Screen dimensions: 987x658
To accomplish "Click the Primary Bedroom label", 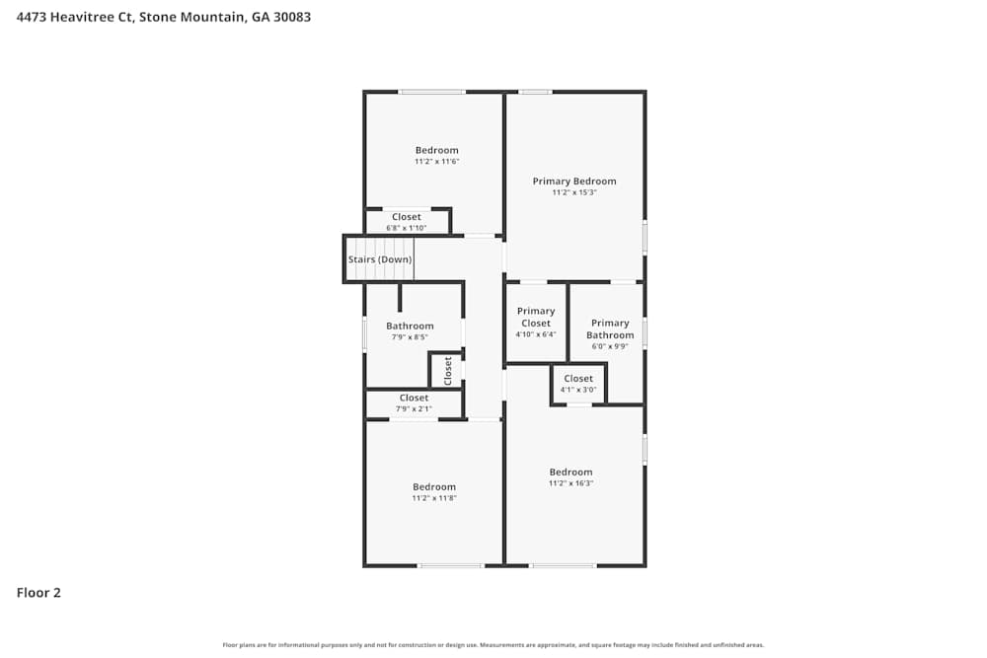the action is coord(574,182).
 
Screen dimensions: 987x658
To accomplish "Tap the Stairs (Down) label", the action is coord(380,259).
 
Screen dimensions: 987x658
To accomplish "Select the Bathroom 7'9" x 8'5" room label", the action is coord(410,327).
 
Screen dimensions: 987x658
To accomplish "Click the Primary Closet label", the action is coord(536,317).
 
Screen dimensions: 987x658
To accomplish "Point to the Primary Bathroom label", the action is coord(610,329).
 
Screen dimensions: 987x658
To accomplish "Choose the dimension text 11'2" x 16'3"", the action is coord(570,483).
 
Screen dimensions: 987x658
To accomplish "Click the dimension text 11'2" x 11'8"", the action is coord(434,498).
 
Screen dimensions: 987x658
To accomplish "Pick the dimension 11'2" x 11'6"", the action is coord(436,161).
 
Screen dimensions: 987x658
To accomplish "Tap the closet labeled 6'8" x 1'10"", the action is coord(407,222).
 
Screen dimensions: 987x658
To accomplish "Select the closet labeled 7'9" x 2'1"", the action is coord(415,402).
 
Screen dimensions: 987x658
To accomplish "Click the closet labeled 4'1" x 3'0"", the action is coord(578,384).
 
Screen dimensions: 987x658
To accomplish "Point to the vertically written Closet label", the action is coord(447,370).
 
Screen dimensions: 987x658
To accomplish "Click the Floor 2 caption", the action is coord(38,593).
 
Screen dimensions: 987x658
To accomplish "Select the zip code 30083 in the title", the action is coord(293,17).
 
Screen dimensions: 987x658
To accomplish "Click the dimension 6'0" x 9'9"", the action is coord(610,346).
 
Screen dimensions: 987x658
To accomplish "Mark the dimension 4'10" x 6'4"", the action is coord(536,334).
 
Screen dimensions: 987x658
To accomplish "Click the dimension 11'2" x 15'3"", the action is coord(574,192).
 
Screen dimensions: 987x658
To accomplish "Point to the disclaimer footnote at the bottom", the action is coord(493,645).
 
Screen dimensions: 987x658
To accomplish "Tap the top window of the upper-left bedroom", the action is coord(431,92).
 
